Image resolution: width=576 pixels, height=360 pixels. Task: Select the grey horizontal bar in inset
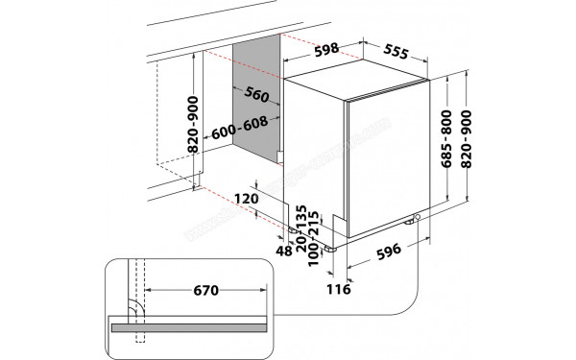tap(192, 326)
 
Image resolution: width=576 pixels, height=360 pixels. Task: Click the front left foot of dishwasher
tap(331, 247)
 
